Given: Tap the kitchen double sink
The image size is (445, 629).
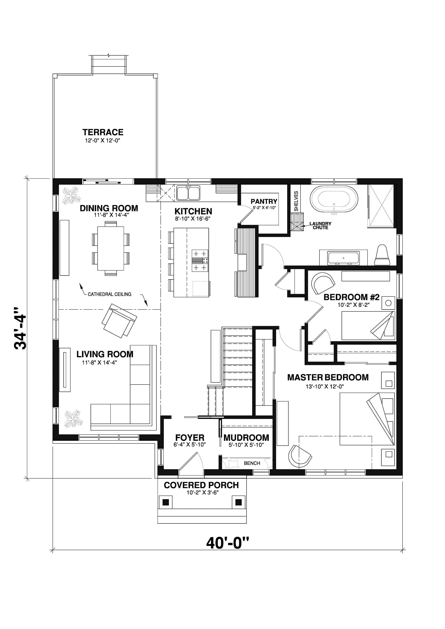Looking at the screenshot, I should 188,193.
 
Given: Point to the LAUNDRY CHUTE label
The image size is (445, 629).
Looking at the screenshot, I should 320,226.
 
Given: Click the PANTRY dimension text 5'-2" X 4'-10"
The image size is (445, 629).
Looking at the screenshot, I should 264,208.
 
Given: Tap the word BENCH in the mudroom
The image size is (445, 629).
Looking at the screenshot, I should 252,463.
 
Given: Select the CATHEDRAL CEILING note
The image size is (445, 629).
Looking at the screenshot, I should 109,294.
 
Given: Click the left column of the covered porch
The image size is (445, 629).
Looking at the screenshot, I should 166,502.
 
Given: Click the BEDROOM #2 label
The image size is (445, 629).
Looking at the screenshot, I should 352,297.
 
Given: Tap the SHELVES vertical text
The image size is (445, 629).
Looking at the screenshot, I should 296,201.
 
